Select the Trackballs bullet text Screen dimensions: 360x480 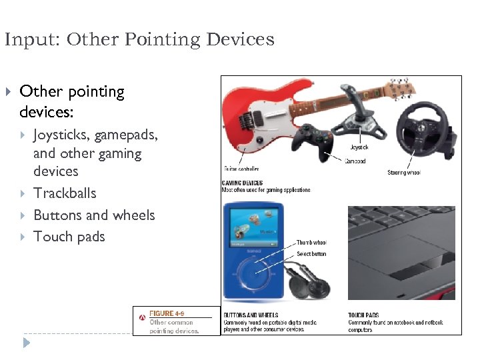[65, 193]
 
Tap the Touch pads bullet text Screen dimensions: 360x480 [69, 237]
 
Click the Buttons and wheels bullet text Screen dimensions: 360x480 [94, 215]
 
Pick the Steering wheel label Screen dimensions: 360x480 [404, 173]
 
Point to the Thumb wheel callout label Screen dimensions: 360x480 [311, 243]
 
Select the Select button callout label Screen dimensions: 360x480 [311, 254]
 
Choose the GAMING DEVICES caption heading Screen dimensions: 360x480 [242, 183]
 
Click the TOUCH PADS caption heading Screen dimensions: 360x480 [363, 315]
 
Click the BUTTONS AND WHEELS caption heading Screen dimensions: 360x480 [251, 315]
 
